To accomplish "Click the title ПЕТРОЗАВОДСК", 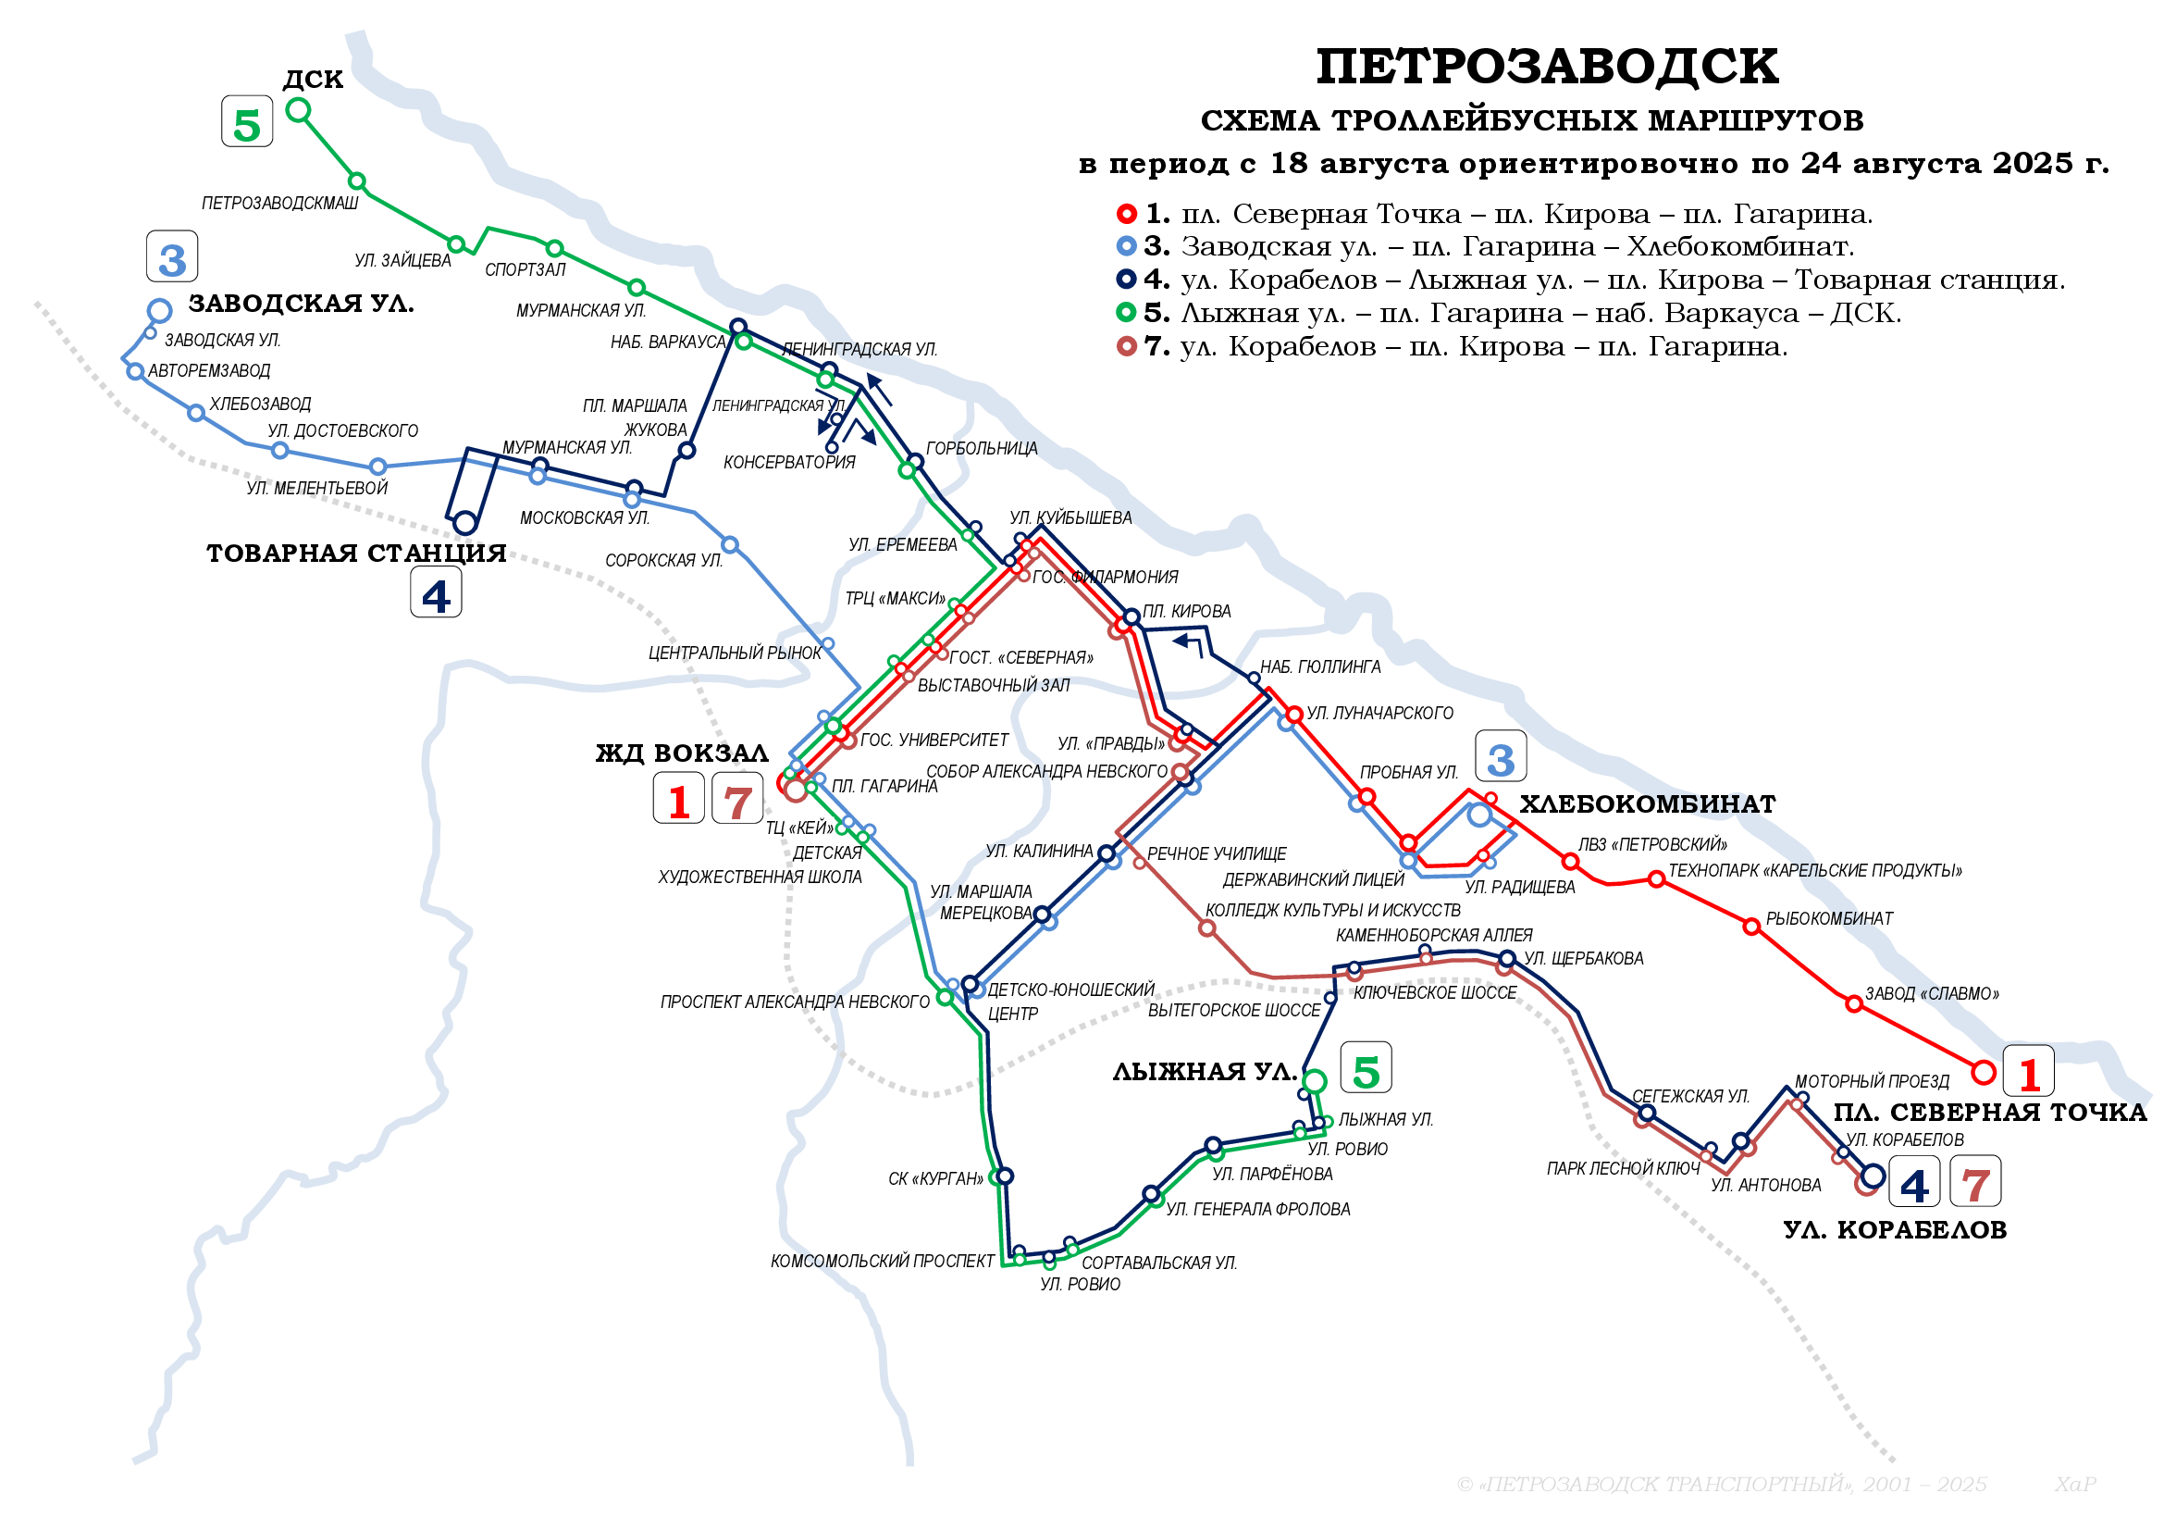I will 1546,68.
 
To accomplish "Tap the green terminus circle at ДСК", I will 298,110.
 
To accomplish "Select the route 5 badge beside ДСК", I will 247,122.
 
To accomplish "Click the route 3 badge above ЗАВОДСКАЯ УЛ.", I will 172,257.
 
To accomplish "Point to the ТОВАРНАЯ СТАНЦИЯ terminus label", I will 356,554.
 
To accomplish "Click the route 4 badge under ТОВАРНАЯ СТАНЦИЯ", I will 436,594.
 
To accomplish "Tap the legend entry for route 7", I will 1465,347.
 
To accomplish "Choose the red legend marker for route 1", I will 1125,214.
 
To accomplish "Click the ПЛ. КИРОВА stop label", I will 1187,612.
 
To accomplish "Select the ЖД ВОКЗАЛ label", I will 683,753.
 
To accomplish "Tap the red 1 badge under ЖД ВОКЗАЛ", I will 678,801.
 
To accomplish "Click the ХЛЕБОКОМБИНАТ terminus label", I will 1648,804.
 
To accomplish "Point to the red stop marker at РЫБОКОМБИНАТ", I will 1751,927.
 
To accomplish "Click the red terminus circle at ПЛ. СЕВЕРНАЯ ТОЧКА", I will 1983,1072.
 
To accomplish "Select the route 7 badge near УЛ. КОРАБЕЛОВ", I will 1974,1183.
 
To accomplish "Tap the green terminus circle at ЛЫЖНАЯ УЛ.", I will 1315,1081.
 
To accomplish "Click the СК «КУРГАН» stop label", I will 935,1179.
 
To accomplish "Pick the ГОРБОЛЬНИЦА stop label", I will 981,449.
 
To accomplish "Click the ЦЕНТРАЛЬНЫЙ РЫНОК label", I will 735,653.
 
